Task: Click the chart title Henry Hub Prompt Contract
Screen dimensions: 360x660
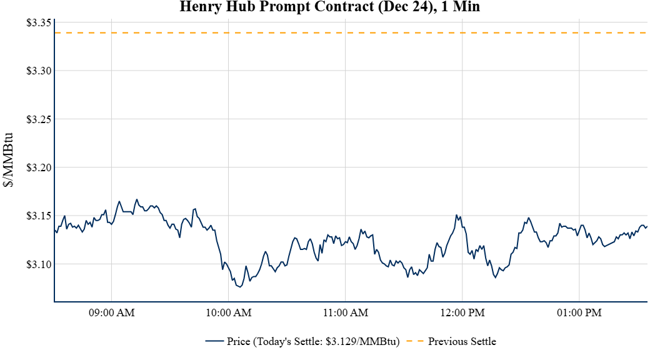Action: coord(330,7)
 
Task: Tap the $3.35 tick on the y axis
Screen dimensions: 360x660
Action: coord(39,22)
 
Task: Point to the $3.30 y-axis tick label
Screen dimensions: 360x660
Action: coord(39,71)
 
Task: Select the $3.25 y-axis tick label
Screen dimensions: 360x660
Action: coord(39,119)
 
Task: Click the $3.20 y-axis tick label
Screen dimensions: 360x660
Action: coord(39,167)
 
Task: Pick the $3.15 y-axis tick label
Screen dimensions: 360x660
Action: coord(39,216)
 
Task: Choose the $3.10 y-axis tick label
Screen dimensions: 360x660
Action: coord(39,264)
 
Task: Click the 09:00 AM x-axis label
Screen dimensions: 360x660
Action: coord(112,312)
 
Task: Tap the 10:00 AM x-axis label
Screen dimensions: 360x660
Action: coord(229,312)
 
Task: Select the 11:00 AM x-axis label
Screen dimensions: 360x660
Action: coord(346,312)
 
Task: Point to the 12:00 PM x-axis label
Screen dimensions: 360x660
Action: coord(462,312)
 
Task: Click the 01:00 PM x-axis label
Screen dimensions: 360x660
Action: coord(579,312)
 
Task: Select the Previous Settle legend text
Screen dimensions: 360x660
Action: coord(462,341)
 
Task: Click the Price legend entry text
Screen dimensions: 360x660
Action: coord(313,341)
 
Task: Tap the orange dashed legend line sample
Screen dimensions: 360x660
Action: coord(415,341)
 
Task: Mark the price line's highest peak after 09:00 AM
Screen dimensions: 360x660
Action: coord(137,199)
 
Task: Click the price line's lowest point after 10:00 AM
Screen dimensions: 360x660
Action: coord(240,287)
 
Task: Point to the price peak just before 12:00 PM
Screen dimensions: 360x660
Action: coord(457,215)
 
